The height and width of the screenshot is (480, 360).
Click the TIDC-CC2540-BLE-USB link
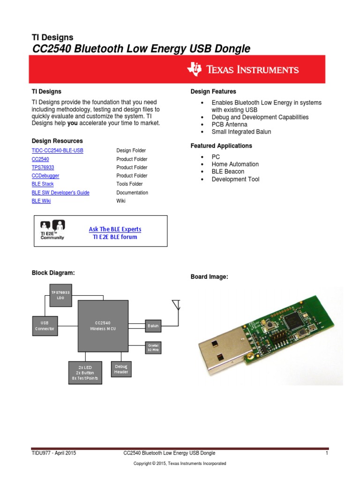point(57,150)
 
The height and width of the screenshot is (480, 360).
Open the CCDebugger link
point(45,176)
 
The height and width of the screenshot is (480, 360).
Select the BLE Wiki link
point(41,201)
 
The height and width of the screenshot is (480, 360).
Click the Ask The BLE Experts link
point(115,229)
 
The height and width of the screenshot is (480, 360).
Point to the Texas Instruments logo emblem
point(194,69)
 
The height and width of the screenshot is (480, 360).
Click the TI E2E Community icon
point(52,230)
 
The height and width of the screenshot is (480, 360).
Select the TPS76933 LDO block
point(60,295)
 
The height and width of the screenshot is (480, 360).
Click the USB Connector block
point(45,326)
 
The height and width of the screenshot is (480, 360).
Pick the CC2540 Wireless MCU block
point(103,326)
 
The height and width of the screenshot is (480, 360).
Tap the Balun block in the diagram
point(153,325)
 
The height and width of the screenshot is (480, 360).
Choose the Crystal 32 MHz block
point(153,347)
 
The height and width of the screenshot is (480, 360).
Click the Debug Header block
point(121,369)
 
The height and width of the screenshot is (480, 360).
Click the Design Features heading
point(213,91)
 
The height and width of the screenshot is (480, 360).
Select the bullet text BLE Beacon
point(228,172)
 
